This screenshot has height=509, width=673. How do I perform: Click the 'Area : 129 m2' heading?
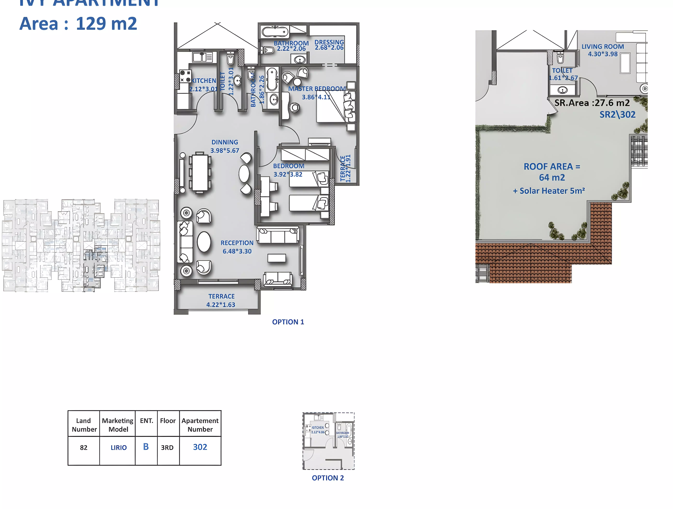pos(78,24)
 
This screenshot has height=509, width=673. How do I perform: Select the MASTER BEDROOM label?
pos(317,89)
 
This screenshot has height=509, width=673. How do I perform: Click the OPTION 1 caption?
pos(288,322)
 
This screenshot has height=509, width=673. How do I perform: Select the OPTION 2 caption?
pos(328,478)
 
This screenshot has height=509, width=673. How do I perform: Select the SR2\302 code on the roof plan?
pos(617,115)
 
